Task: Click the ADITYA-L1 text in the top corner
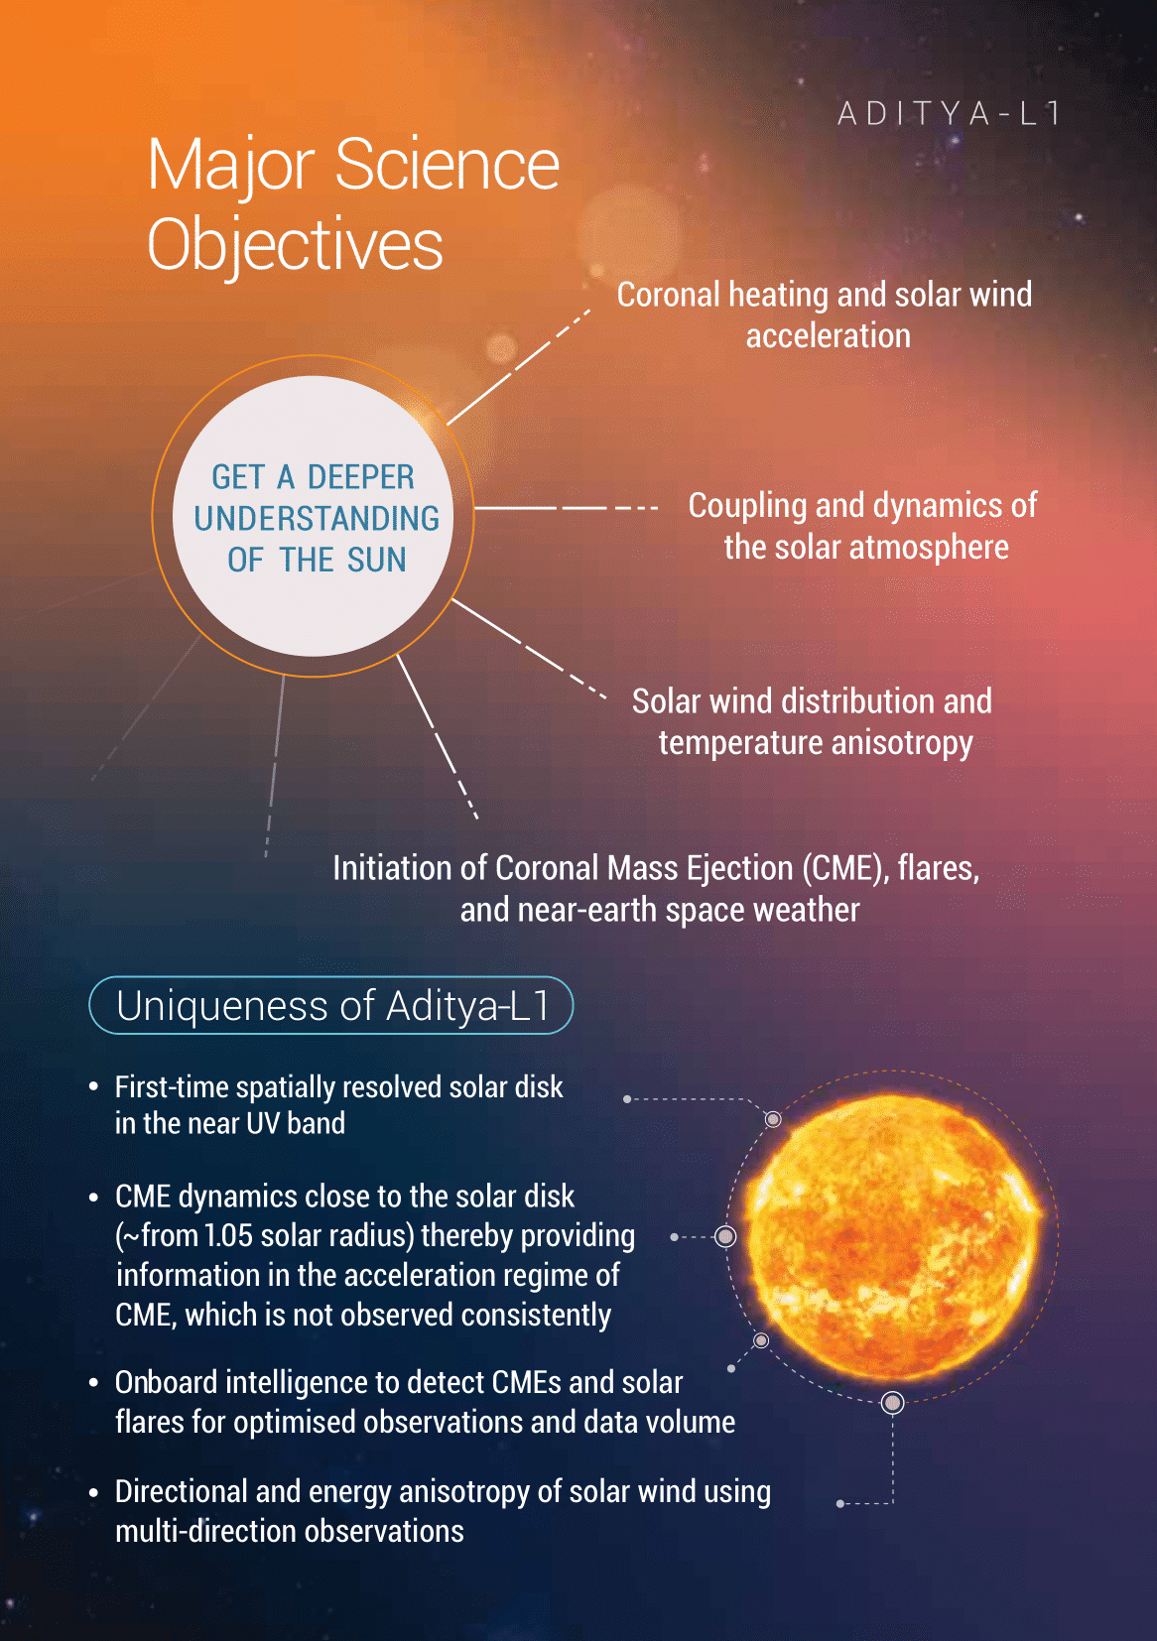tap(949, 113)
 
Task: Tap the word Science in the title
tap(447, 165)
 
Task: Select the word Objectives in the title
tap(296, 245)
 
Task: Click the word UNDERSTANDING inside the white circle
tap(317, 519)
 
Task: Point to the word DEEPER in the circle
tap(360, 477)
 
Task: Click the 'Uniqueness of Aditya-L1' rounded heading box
tap(330, 1005)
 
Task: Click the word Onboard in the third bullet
tap(167, 1382)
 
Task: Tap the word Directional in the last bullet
tap(181, 1491)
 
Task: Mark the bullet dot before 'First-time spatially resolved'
tap(93, 1087)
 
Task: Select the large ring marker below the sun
tap(892, 1403)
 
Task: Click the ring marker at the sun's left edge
tap(725, 1236)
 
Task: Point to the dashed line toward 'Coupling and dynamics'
tap(567, 508)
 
